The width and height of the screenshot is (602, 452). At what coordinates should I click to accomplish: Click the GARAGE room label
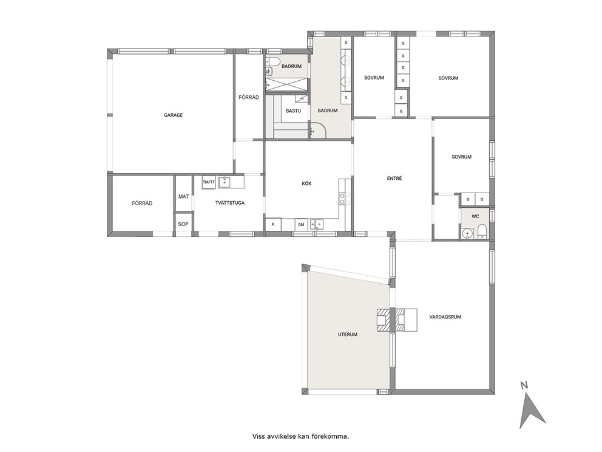coord(173,115)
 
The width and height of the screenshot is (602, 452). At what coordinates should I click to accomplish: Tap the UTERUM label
coord(348,334)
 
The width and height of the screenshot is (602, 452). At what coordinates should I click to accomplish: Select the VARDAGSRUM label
coord(445,317)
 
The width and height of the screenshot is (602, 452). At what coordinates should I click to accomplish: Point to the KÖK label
coord(306,183)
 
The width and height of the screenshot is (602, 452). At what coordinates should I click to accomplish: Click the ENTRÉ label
coord(394,179)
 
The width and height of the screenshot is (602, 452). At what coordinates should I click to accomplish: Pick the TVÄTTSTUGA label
coord(230,203)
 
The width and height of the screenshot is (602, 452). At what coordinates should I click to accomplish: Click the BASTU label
coord(293,111)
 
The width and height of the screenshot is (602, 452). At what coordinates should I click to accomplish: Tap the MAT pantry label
coord(183,196)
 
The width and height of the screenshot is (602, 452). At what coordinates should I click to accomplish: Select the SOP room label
coord(183,224)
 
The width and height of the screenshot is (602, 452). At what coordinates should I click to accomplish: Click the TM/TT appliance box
coord(209,182)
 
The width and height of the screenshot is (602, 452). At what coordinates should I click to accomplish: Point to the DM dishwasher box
coord(302,224)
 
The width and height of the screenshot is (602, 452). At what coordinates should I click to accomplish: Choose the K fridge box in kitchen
coord(273,224)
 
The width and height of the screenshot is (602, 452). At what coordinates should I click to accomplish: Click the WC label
coord(475,216)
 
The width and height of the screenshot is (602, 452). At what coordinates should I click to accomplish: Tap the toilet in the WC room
coord(482,232)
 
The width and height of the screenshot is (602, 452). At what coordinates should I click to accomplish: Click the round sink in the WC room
coord(467,233)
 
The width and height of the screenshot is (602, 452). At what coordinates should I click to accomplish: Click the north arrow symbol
coord(532,412)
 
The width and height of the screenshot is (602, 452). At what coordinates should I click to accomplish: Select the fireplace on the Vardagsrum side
coord(406,320)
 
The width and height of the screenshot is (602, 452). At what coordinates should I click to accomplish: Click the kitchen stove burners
coord(345,199)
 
